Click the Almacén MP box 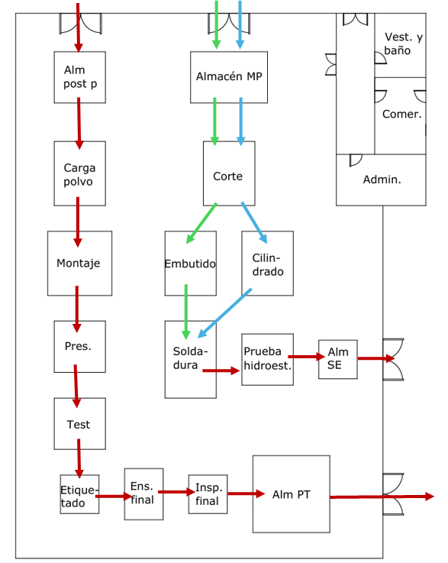click(x=229, y=77)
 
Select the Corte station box click(x=229, y=173)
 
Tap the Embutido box click(x=191, y=264)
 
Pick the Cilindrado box click(x=268, y=264)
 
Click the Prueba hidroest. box click(x=268, y=359)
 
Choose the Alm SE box click(x=338, y=359)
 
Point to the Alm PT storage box click(x=292, y=494)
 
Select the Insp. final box click(x=208, y=494)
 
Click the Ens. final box click(x=143, y=494)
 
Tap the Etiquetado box click(x=79, y=494)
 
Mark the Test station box click(x=79, y=424)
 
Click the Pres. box click(x=79, y=347)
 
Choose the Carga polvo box click(x=79, y=173)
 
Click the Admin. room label click(x=382, y=180)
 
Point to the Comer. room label click(x=401, y=114)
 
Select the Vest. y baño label click(x=403, y=44)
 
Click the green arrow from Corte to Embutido click(x=201, y=223)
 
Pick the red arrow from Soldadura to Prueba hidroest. click(x=221, y=370)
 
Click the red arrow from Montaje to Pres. click(x=77, y=309)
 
